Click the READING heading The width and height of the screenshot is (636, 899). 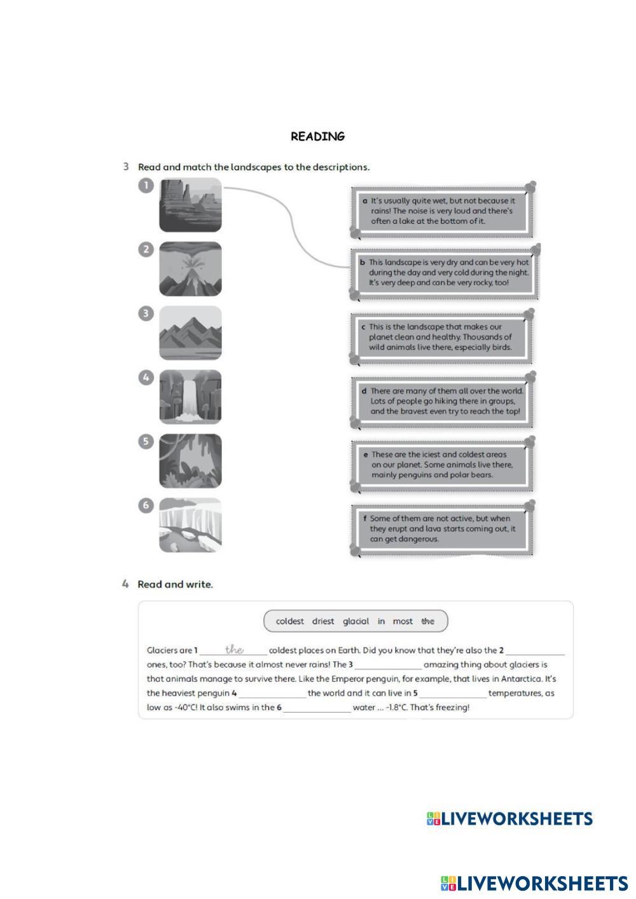click(317, 137)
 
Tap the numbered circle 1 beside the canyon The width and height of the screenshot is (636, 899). click(146, 186)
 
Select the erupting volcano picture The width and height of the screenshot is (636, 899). click(190, 269)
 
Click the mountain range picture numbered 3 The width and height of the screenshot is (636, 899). click(190, 333)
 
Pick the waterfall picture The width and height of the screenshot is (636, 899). click(190, 397)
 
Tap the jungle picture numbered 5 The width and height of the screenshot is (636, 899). click(190, 461)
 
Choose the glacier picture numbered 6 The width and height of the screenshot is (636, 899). click(190, 525)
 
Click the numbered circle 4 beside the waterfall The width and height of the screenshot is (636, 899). click(146, 378)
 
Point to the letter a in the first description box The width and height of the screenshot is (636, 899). click(365, 201)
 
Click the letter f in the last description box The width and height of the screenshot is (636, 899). click(365, 519)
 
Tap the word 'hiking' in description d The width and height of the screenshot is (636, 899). click(451, 401)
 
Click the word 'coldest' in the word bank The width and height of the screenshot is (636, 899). click(290, 621)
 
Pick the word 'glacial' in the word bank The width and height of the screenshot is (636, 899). click(356, 621)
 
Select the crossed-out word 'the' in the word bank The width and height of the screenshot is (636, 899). click(428, 621)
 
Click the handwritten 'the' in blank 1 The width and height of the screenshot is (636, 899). click(234, 649)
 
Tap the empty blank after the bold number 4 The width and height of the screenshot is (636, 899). click(272, 694)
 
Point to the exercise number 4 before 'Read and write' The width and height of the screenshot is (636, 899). click(125, 584)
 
